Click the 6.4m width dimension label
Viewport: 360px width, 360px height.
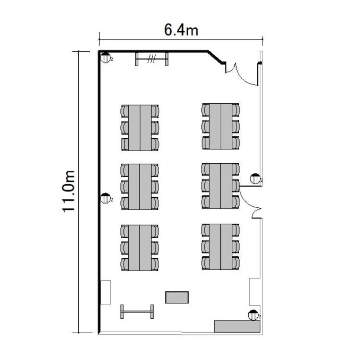[x=181, y=30]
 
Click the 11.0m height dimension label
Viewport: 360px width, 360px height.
[x=69, y=192]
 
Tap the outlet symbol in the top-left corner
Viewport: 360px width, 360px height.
[x=106, y=58]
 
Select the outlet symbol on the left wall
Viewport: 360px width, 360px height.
[x=106, y=198]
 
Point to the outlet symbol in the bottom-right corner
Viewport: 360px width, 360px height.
[x=253, y=315]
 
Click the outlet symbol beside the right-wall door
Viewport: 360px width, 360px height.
[x=255, y=179]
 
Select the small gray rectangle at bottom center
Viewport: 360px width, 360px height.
[x=177, y=297]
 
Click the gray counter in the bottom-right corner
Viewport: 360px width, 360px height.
[x=237, y=326]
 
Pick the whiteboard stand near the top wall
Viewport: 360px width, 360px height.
[x=152, y=59]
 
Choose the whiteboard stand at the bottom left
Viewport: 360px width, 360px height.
[x=137, y=312]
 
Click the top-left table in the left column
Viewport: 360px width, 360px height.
[x=140, y=128]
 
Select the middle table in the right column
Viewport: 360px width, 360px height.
[x=221, y=186]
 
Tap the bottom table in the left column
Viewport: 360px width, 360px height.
[x=140, y=248]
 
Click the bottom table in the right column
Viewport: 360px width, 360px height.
[x=221, y=247]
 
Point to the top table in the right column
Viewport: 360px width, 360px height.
[x=221, y=126]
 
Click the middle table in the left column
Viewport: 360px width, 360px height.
[x=140, y=187]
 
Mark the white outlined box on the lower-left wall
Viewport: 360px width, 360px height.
[x=106, y=292]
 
